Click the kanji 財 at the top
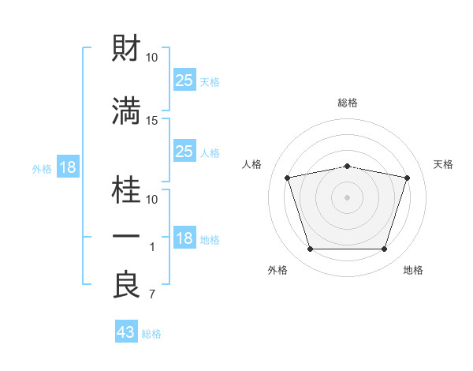(126, 47)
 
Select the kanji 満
(126, 111)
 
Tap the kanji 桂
(126, 189)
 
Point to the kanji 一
(126, 236)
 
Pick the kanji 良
(126, 284)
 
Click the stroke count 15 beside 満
(151, 121)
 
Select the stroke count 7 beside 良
(152, 294)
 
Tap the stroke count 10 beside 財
(151, 58)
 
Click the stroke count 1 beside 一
(152, 247)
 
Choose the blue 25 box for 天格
(184, 80)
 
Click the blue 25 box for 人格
(184, 151)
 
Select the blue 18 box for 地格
(184, 237)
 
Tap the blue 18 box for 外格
(68, 167)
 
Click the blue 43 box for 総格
(126, 331)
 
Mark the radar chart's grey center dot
(347, 197)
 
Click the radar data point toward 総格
(347, 167)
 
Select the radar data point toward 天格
(407, 178)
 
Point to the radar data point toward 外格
(310, 249)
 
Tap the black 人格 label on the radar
(251, 164)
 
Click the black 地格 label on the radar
(413, 270)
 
